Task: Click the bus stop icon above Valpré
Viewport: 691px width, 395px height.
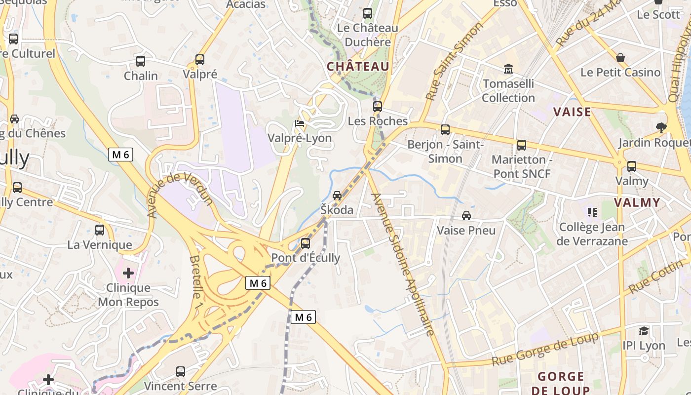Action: [200, 60]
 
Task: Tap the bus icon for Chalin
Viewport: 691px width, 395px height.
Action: [141, 61]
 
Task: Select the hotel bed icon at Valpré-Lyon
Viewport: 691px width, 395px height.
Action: [300, 123]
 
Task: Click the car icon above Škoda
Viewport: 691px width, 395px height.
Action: [337, 196]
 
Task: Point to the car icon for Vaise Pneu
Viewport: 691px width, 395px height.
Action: [466, 216]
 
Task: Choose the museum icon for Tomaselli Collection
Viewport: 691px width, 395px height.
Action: [508, 69]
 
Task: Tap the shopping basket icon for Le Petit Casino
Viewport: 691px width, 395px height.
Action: [620, 58]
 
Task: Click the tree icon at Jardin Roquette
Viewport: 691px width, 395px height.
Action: [661, 128]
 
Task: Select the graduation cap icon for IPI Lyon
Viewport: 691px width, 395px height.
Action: [644, 331]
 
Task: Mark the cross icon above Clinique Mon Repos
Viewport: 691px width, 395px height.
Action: [128, 273]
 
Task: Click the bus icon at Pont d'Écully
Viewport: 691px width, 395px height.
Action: [306, 243]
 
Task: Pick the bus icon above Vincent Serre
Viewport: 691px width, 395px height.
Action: [181, 371]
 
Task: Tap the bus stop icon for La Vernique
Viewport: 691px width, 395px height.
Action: [100, 230]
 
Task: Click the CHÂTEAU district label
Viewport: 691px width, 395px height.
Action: [358, 66]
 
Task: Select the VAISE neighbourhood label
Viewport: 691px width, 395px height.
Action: [572, 112]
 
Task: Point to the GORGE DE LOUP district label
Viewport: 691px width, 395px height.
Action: [561, 383]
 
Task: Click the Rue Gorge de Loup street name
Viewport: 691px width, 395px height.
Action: [545, 350]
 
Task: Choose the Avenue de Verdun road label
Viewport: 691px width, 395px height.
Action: [181, 195]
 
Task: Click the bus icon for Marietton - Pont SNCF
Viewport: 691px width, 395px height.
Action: [522, 145]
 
